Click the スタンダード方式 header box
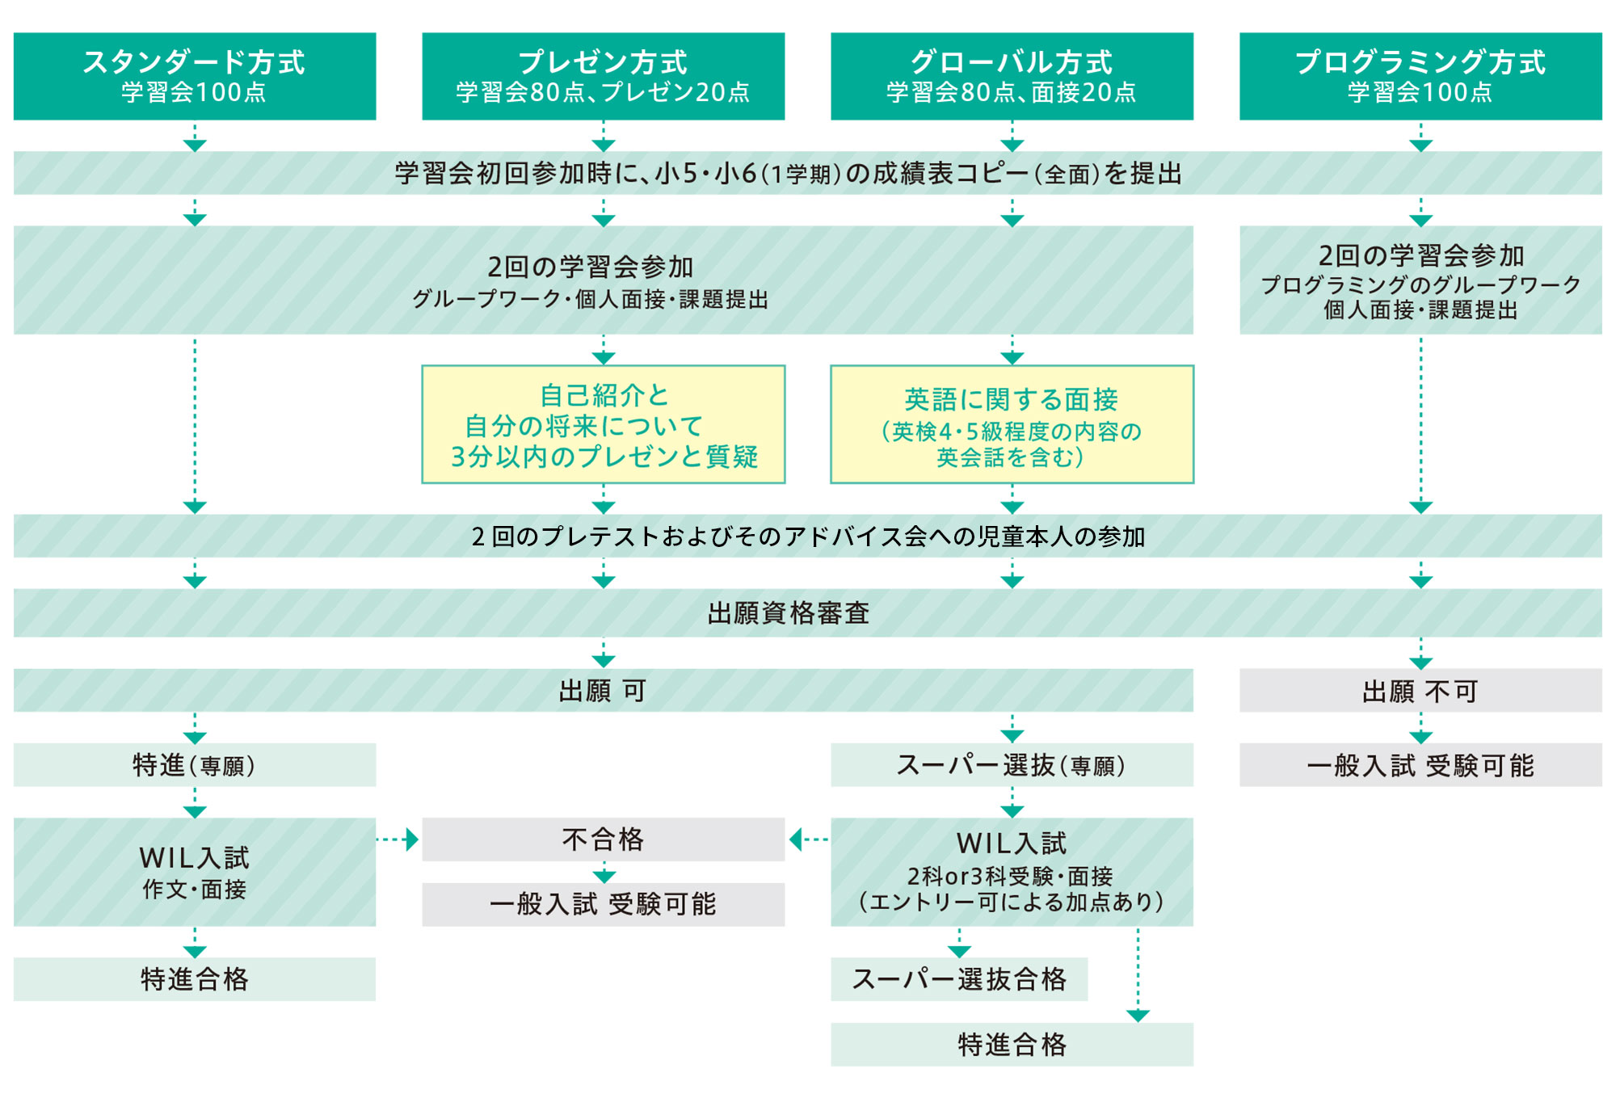tap(195, 76)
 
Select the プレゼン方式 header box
tap(604, 76)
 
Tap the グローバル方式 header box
tap(1012, 76)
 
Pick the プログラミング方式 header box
tap(1420, 76)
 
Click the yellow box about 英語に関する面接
tap(1012, 424)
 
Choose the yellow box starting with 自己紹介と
tap(604, 424)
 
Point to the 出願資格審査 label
tap(789, 613)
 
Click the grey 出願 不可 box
tap(1420, 691)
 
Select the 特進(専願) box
tap(195, 765)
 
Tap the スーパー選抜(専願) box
tap(1012, 765)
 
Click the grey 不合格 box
tap(604, 839)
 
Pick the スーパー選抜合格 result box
tap(959, 979)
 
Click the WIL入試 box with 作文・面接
tap(195, 872)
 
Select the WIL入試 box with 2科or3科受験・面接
tap(1012, 872)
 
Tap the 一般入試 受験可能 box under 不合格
tap(604, 904)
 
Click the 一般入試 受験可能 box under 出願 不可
tap(1420, 765)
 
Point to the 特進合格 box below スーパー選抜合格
tap(1012, 1045)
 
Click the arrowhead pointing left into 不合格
tap(795, 839)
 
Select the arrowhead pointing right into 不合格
tap(412, 839)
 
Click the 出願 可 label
tap(603, 691)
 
